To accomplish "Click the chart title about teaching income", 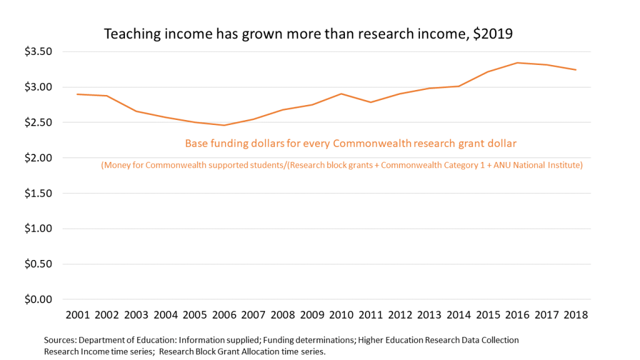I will (307, 34).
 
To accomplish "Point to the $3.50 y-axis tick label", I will (39, 51).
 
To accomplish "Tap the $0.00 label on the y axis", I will (39, 299).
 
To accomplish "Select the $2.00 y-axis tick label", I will (39, 157).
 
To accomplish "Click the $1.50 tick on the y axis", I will (39, 193).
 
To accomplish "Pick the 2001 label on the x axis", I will (78, 314).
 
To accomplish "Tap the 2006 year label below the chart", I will (224, 314).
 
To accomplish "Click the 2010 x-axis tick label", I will (341, 314).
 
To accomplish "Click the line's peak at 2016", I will (516, 62).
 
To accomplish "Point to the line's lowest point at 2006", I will (224, 125).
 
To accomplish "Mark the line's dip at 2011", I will (370, 102).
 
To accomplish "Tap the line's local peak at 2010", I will (341, 94).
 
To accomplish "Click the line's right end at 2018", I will (575, 69).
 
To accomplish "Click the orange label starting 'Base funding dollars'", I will (351, 144).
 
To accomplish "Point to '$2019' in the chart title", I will (492, 34).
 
